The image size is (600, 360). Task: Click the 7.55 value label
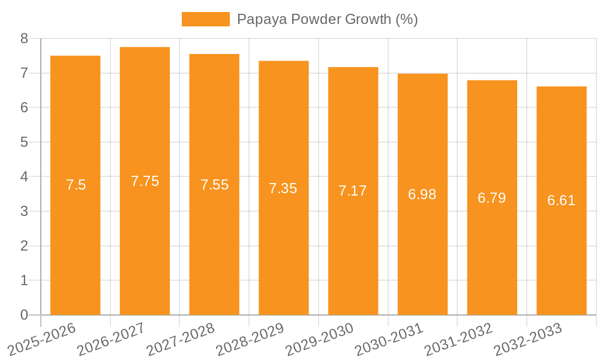[x=214, y=185]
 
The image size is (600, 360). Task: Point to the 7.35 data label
[x=283, y=188]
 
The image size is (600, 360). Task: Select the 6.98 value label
[x=422, y=194]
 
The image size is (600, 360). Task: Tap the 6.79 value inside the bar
[x=492, y=198]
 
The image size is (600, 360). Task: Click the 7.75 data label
[x=145, y=181]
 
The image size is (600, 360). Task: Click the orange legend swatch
[x=205, y=19]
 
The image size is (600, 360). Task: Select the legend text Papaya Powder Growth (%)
[x=327, y=19]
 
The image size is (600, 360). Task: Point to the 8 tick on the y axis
[x=25, y=38]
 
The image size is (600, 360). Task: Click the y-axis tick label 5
[x=25, y=142]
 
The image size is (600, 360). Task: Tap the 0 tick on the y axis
[x=25, y=315]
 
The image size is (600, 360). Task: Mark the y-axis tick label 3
[x=25, y=211]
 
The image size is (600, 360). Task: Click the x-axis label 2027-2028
[x=181, y=339]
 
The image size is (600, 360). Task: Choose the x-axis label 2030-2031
[x=389, y=339]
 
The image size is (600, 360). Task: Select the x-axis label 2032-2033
[x=528, y=339]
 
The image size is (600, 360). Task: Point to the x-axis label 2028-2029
[x=250, y=339]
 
